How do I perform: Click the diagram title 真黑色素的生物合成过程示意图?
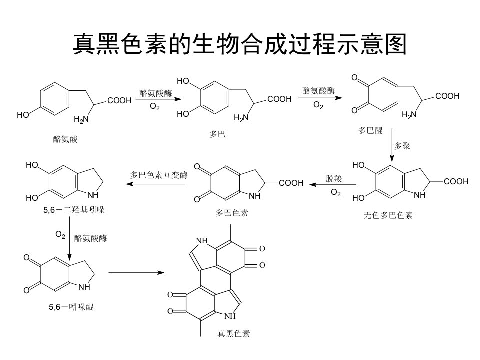click(240, 44)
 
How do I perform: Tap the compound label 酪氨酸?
click(65, 139)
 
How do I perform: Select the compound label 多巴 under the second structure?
click(217, 134)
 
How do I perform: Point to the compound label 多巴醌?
click(370, 130)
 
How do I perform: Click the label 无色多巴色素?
click(388, 215)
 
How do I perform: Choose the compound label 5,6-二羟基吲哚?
click(74, 210)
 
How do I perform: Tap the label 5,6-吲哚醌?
click(71, 307)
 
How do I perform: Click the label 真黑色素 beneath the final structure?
click(234, 333)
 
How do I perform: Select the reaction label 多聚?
click(402, 146)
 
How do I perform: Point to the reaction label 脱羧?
click(333, 179)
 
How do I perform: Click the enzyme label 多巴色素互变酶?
click(159, 175)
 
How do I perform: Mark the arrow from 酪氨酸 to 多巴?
click(158, 99)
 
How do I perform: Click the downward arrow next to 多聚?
click(392, 145)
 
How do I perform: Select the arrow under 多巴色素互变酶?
click(156, 184)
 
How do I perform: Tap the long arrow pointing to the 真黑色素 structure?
click(136, 272)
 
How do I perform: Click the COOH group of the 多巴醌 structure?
click(447, 96)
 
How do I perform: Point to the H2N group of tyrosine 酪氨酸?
click(81, 119)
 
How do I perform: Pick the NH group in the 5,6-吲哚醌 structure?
click(85, 287)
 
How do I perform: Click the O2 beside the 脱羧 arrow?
click(336, 193)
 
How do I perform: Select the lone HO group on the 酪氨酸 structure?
click(23, 115)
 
